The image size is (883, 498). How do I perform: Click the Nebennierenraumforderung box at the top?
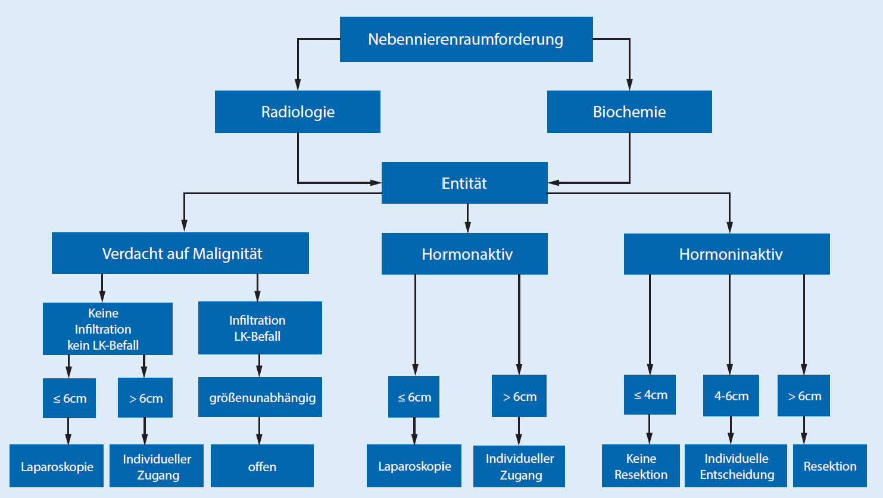pos(466,39)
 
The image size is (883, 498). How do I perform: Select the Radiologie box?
pos(297,112)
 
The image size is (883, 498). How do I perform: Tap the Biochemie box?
pos(629,112)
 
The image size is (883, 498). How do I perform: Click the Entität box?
pos(464,183)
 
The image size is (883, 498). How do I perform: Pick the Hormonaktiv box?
pos(464,254)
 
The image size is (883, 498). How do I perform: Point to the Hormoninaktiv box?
pos(726,254)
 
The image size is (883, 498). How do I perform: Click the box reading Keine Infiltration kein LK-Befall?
pos(107,329)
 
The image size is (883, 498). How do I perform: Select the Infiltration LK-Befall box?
pos(260,328)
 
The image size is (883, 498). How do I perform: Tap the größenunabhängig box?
pos(260,397)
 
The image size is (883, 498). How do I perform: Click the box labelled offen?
pos(262,466)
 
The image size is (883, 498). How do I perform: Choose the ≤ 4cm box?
pos(650,395)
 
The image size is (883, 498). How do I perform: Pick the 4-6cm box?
pos(731,396)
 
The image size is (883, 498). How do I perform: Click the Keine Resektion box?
pos(641,466)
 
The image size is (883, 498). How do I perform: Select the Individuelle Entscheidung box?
pos(736,466)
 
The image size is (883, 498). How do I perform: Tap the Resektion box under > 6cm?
pos(829,466)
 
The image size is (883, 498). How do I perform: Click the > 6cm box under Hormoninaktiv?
pos(803,396)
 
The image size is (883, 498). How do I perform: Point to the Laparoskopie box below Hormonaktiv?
pos(414,466)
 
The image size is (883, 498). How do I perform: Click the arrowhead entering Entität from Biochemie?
pos(554,183)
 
